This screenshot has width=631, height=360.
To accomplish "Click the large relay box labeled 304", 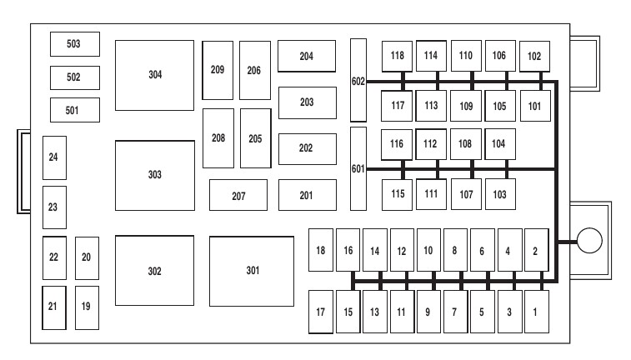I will click(x=154, y=75).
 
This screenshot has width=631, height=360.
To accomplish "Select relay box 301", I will click(x=251, y=271).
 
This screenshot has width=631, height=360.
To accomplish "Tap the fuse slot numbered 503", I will click(x=74, y=44).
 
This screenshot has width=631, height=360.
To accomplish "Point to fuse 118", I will click(x=397, y=56).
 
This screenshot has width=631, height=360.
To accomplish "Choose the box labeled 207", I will click(x=238, y=195).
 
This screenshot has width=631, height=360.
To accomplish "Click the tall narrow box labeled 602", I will click(x=358, y=80).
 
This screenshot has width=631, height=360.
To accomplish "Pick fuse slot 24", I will click(x=54, y=157).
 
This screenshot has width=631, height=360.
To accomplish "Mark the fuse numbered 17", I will click(x=321, y=312).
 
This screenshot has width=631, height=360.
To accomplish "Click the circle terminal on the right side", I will click(x=588, y=241).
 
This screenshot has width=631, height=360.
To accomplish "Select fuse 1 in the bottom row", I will click(x=536, y=312).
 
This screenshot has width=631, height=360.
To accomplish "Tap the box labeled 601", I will click(x=358, y=168).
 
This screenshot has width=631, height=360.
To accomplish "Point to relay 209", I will click(x=218, y=70).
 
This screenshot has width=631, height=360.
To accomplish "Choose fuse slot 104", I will click(x=499, y=143).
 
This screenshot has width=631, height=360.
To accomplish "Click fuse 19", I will click(x=87, y=306).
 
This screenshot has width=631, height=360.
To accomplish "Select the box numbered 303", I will click(x=154, y=175).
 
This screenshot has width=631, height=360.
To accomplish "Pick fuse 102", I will click(x=534, y=56).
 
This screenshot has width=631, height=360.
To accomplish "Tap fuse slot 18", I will click(x=321, y=251).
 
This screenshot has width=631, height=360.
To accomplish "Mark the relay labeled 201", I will click(x=307, y=195).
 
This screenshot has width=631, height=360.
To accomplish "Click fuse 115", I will click(x=397, y=194).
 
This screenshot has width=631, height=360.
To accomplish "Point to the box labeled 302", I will click(x=154, y=271).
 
